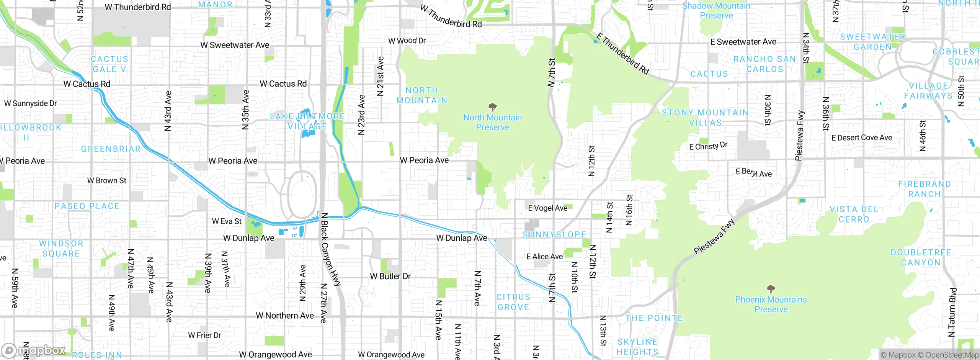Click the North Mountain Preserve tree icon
pyautogui.click(x=493, y=106)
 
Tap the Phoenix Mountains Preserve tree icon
pyautogui.click(x=771, y=289)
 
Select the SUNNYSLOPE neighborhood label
pyautogui.click(x=554, y=234)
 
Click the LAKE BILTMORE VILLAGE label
pyautogui.click(x=307, y=121)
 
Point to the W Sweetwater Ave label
pyautogui.click(x=235, y=45)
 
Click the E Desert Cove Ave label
pyautogui.click(x=861, y=138)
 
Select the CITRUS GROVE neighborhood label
pyautogui.click(x=513, y=302)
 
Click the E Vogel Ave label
pyautogui.click(x=547, y=208)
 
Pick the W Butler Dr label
pyautogui.click(x=390, y=276)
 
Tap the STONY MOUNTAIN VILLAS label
pyautogui.click(x=705, y=118)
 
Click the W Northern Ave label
pyautogui.click(x=284, y=316)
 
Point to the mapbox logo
pyautogui.click(x=34, y=350)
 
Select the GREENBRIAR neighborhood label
pyautogui.click(x=111, y=149)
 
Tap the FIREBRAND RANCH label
pyautogui.click(x=924, y=189)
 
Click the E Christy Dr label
pyautogui.click(x=708, y=146)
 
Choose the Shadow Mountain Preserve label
pyautogui.click(x=716, y=10)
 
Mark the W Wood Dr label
pyautogui.click(x=407, y=41)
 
